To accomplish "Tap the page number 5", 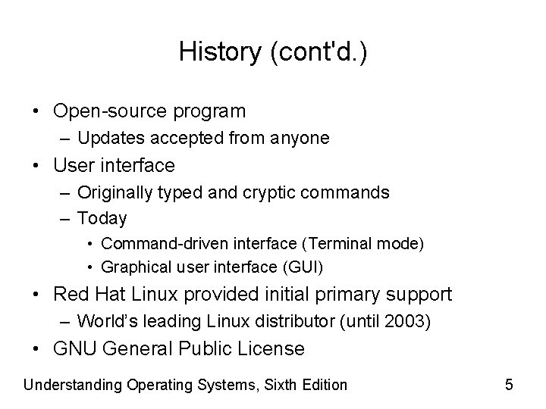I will click(509, 385).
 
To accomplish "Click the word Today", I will click(102, 219).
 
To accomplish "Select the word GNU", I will click(75, 349).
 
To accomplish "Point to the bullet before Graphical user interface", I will click(90, 267).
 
